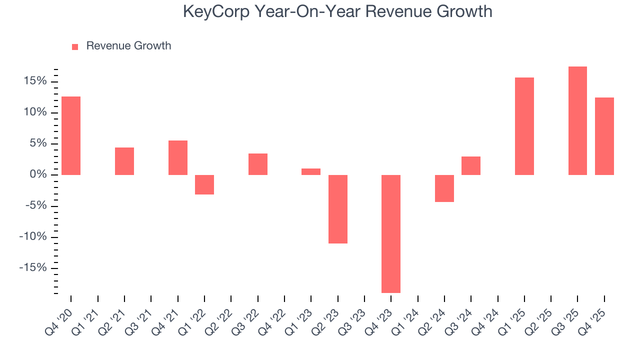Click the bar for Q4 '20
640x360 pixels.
(71, 135)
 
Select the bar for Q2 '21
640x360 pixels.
(124, 161)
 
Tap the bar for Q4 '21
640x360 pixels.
(178, 157)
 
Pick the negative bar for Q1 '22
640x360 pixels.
(204, 184)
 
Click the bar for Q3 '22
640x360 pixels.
(258, 164)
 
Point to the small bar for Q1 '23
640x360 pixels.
(311, 171)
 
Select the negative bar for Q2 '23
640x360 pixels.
(338, 209)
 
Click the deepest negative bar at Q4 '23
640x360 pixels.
(391, 233)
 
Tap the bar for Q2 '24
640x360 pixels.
(444, 188)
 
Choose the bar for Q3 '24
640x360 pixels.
(471, 165)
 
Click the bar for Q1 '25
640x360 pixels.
(524, 126)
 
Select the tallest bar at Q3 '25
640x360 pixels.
(577, 120)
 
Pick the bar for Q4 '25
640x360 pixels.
(604, 136)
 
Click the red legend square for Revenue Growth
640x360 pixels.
(75, 46)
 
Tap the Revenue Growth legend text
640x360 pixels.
(128, 46)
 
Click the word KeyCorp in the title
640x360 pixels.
(216, 11)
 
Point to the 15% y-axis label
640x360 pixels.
(34, 81)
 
